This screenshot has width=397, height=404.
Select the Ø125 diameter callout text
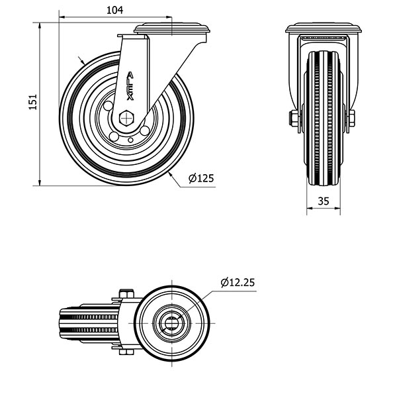coord(200,178)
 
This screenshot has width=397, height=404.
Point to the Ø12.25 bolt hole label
coord(236,282)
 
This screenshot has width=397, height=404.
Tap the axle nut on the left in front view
coord(292,119)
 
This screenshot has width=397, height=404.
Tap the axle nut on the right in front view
coord(351,119)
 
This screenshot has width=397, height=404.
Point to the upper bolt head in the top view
coord(124,294)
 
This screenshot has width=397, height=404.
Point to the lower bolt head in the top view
coord(124,351)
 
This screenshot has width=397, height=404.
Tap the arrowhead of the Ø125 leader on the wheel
coord(171,173)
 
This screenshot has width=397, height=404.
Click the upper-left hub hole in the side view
coord(108,106)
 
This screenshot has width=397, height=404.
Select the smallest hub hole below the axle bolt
coord(132,140)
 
